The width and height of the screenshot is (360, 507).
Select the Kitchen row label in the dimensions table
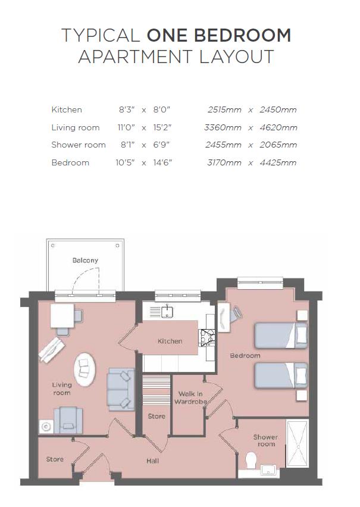(x=67, y=110)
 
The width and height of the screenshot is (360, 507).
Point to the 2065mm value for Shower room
(x=278, y=145)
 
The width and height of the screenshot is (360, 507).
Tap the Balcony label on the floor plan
(x=85, y=261)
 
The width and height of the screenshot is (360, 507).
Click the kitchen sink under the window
(x=168, y=311)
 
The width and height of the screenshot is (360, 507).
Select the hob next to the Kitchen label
(x=208, y=337)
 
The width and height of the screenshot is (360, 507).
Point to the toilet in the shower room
(x=251, y=460)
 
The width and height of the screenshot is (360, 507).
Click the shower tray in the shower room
(x=297, y=443)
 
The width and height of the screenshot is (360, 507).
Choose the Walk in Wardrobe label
(x=190, y=398)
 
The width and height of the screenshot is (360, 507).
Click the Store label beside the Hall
(x=55, y=459)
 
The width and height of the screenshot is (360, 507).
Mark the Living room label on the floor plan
(x=61, y=389)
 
